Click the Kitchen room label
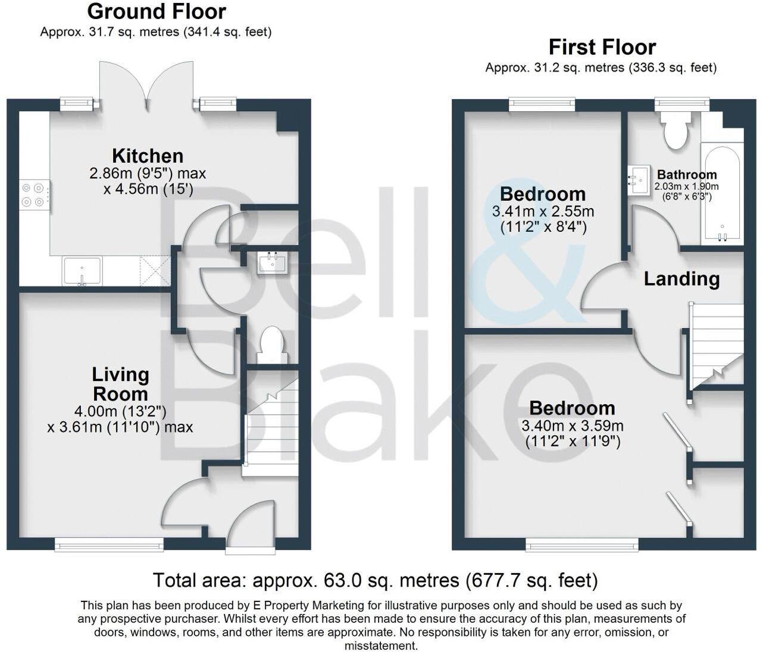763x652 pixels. click(148, 156)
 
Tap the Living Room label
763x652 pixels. click(120, 384)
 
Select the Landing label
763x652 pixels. click(681, 279)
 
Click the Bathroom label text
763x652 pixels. click(687, 175)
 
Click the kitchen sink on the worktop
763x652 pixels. click(82, 271)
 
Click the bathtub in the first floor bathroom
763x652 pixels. click(721, 193)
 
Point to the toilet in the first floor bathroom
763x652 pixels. click(677, 131)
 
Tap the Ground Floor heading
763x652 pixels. click(157, 11)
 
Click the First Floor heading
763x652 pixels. click(602, 47)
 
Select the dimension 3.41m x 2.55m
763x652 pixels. click(543, 211)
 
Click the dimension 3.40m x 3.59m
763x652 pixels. click(572, 426)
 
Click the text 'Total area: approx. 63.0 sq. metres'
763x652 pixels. click(306, 579)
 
